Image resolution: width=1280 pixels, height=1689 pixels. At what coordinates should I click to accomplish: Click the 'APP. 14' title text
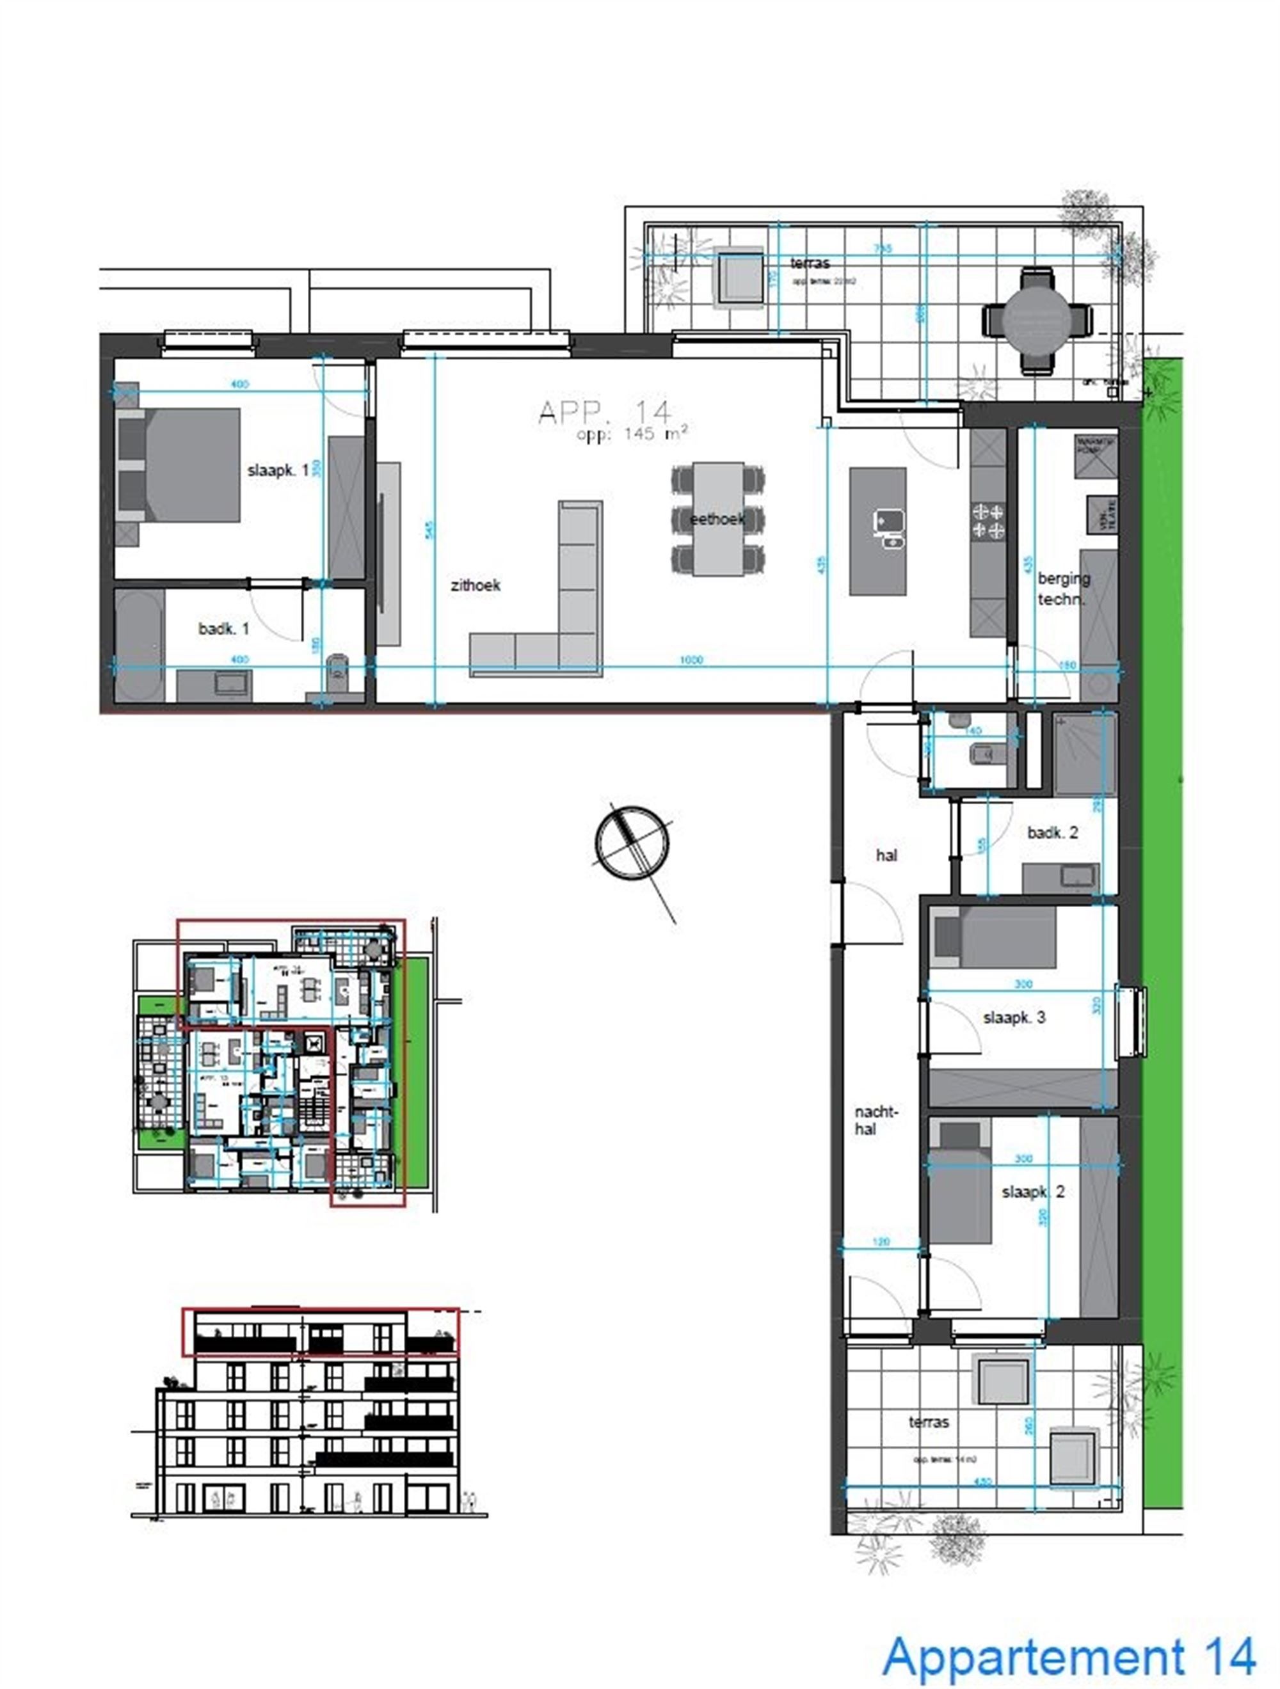604,413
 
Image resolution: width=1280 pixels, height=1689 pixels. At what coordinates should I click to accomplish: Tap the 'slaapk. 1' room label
277,470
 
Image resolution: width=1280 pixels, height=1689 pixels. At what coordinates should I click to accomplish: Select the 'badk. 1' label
223,628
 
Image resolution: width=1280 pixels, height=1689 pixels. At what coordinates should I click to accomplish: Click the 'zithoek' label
475,585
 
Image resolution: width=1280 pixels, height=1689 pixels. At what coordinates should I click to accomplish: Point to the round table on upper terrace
1036,320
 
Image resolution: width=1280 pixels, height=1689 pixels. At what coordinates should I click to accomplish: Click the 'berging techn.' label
1062,589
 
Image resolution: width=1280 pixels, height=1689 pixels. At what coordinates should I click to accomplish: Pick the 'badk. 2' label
1052,833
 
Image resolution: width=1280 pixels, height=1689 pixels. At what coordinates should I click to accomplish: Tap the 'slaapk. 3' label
1014,1018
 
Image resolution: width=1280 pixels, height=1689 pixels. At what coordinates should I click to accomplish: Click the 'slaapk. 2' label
1032,1192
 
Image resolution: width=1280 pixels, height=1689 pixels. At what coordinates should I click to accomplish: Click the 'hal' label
886,856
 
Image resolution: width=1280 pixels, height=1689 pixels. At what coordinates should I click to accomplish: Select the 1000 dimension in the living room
691,660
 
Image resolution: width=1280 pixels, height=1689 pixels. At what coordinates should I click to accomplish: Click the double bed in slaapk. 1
183,465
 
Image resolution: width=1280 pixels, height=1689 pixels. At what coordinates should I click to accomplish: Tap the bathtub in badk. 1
138,644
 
